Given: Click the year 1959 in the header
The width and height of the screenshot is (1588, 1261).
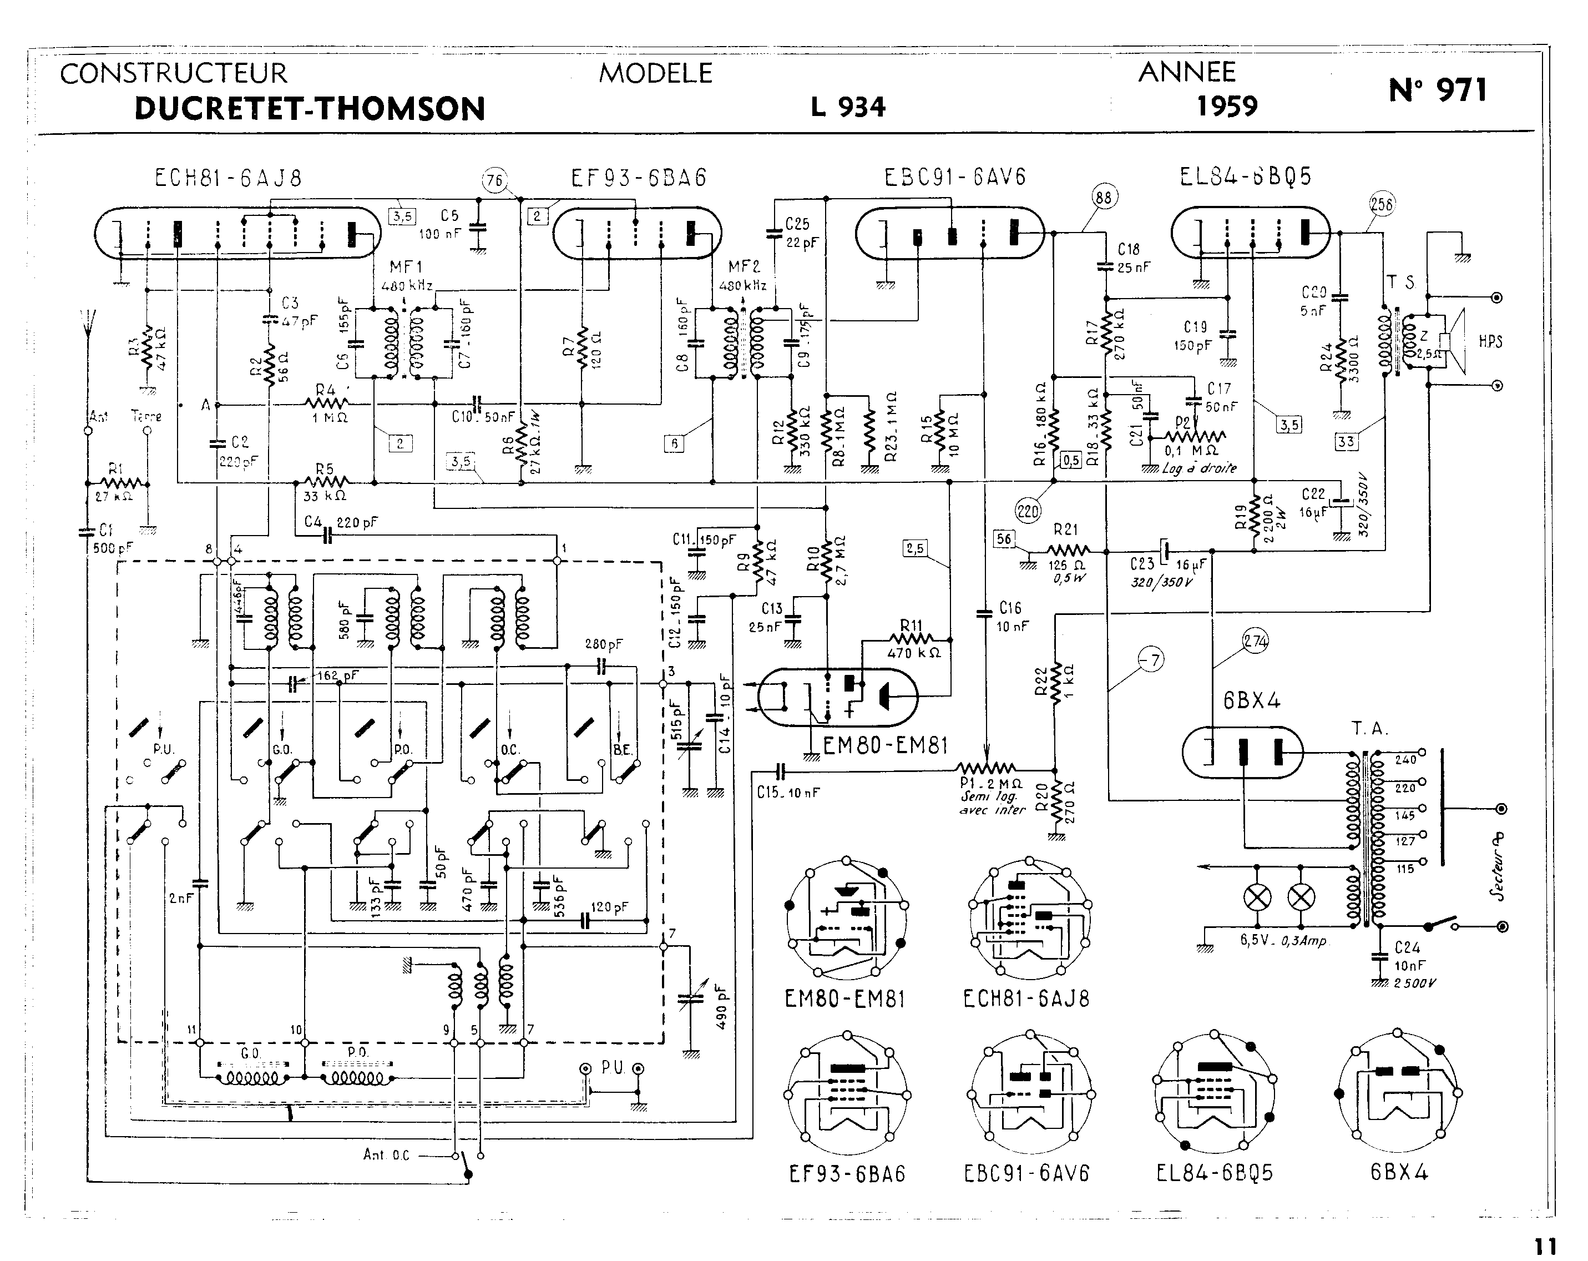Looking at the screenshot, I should pyautogui.click(x=1226, y=107).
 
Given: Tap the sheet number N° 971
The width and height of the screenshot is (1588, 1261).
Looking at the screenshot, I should pyautogui.click(x=1438, y=90).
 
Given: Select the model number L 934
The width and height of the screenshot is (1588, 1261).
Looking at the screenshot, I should pyautogui.click(x=848, y=108).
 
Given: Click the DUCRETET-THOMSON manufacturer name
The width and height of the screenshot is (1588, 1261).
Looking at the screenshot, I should pyautogui.click(x=310, y=109).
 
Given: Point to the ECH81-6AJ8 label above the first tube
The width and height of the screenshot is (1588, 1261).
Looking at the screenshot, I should pyautogui.click(x=229, y=178).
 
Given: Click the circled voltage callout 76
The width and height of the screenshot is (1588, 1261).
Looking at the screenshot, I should pyautogui.click(x=495, y=180).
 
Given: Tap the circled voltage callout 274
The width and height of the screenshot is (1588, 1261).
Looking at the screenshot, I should pyautogui.click(x=1256, y=642).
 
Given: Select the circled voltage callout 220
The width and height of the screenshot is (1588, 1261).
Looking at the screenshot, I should pyautogui.click(x=1028, y=510).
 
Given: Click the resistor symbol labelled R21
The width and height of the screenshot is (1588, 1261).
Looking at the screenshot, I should pyautogui.click(x=1067, y=550).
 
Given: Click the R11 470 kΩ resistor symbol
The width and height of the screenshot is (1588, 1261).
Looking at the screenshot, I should pyautogui.click(x=912, y=639).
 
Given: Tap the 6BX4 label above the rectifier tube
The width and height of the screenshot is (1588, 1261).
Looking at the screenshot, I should pyautogui.click(x=1251, y=700).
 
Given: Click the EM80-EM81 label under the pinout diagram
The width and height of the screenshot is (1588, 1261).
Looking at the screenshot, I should pyautogui.click(x=845, y=1000).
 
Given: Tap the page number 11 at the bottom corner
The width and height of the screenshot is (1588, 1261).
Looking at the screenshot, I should pyautogui.click(x=1545, y=1247).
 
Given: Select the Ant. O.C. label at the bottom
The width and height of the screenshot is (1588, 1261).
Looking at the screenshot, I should pyautogui.click(x=386, y=1155).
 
